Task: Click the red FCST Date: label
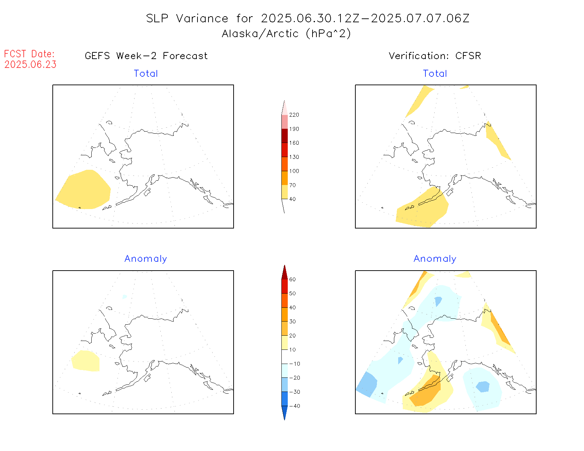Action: tap(29, 54)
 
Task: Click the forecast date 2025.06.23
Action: tap(30, 64)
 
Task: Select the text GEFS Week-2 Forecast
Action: tap(146, 56)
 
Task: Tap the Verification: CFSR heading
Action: tap(435, 56)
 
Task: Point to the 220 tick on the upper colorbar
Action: tap(294, 115)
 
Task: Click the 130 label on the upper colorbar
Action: tap(294, 157)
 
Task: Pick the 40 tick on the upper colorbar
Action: tap(292, 199)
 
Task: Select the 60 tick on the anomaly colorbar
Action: tap(292, 279)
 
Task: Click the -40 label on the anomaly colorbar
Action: tap(294, 406)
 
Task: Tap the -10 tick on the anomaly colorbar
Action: tap(294, 364)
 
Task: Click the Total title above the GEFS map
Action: tap(146, 74)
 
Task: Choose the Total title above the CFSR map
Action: tap(435, 74)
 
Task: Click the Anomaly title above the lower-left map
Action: tap(145, 259)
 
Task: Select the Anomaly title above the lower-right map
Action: tap(435, 259)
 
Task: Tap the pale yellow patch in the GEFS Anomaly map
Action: tap(86, 361)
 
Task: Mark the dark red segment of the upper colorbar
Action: tap(285, 136)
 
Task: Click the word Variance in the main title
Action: tap(202, 18)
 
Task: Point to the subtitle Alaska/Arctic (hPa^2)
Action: tap(286, 34)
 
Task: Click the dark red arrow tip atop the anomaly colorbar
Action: tap(285, 272)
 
